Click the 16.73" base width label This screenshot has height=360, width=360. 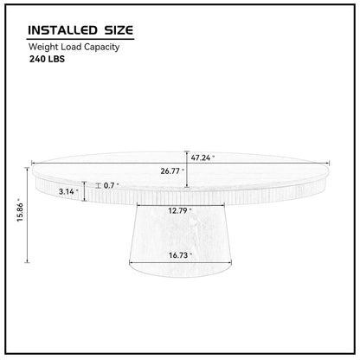(x=180, y=256)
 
